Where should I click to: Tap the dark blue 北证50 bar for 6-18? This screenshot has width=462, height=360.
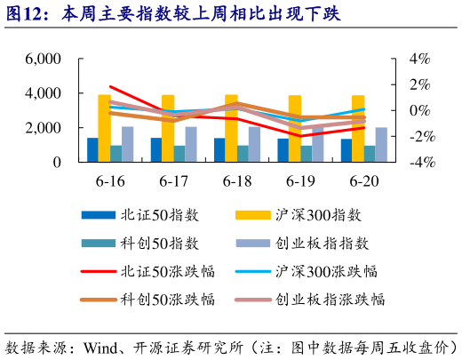[219, 150]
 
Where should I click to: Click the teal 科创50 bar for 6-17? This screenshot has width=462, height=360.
[179, 154]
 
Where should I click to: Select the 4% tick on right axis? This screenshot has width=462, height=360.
[419, 59]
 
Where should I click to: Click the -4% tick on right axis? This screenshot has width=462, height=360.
[418, 163]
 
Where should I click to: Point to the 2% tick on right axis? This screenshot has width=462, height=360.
[419, 84]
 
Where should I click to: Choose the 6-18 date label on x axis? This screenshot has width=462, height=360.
[237, 180]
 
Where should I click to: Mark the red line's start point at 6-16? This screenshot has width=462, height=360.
[110, 87]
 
